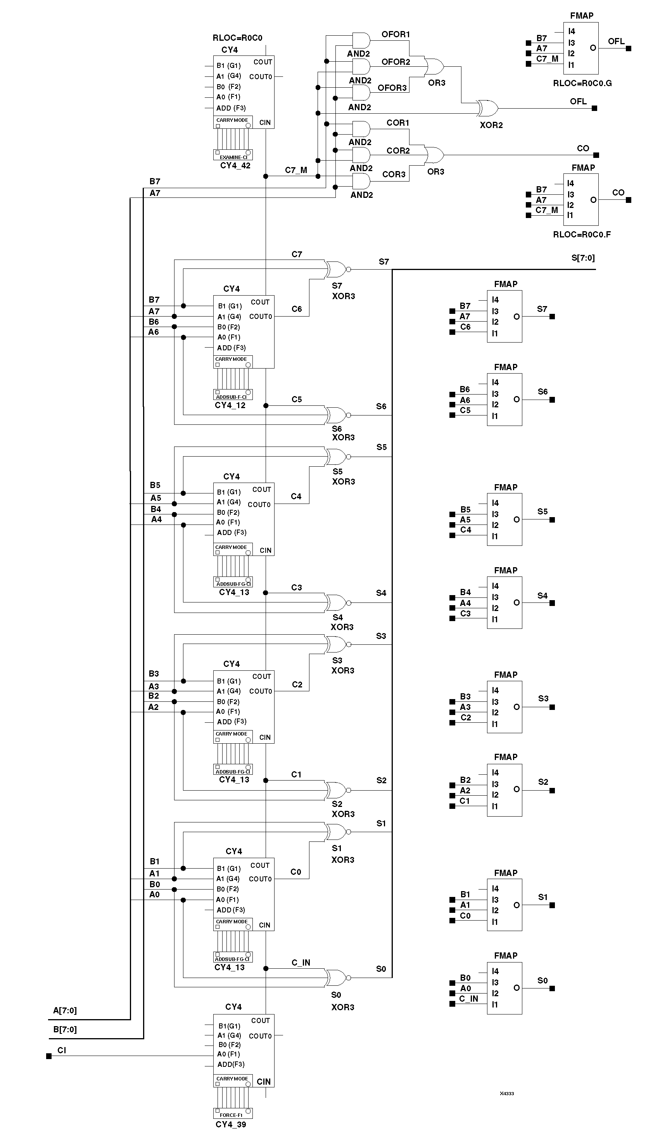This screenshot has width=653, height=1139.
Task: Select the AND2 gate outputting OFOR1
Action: [361, 40]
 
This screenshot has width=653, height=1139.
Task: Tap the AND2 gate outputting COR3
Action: [361, 181]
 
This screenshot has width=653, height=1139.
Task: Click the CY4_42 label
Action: [235, 166]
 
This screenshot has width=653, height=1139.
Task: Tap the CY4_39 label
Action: [230, 1124]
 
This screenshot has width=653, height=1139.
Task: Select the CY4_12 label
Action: [230, 405]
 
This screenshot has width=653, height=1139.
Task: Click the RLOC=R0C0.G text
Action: [582, 83]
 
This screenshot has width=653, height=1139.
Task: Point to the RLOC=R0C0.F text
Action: [582, 234]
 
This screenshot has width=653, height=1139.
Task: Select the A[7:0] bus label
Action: [65, 1010]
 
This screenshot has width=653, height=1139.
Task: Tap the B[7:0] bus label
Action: [65, 1029]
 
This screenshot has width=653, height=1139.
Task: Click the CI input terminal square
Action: [49, 1056]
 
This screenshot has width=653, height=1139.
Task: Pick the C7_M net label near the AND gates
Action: [296, 170]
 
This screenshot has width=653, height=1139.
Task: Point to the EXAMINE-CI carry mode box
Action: [233, 156]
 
